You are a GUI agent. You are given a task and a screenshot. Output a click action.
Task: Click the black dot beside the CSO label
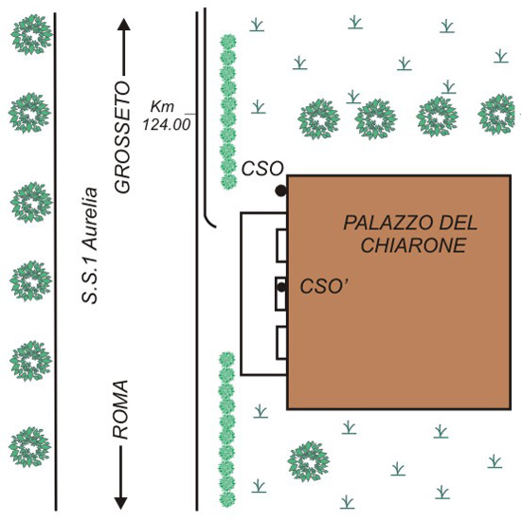280,190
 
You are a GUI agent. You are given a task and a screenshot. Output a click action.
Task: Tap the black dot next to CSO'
281,287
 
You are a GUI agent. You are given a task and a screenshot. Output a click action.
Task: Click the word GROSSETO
122,136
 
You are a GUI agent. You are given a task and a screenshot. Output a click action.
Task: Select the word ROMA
120,409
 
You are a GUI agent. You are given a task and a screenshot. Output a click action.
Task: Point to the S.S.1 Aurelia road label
90,245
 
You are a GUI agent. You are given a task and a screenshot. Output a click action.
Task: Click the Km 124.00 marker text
166,116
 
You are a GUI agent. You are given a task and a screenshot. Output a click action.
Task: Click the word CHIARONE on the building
413,245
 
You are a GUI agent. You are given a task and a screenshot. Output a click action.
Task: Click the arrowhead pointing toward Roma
120,503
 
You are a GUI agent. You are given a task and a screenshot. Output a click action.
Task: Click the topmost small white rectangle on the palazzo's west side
281,245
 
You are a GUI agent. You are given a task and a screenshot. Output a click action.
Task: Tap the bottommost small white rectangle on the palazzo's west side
281,343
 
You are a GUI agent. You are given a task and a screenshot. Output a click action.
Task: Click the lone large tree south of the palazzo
309,461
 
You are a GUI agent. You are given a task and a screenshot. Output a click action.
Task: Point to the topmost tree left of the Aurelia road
31,34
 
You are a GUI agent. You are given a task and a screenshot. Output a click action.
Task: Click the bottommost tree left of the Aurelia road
29,446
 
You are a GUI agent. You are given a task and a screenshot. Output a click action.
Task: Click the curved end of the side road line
209,223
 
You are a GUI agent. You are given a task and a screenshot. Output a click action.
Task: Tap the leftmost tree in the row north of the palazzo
318,118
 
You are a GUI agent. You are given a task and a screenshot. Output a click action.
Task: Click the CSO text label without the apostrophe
262,169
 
